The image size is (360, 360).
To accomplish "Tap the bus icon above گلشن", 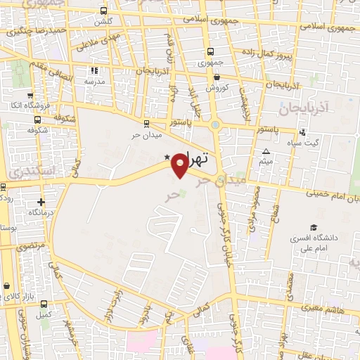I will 104,11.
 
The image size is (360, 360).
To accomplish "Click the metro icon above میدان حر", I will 146,122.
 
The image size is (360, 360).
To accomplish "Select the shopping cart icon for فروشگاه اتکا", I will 30,96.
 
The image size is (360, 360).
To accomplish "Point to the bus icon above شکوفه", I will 32,120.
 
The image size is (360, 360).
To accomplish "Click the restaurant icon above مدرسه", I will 94,70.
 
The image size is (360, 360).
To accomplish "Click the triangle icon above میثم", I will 266,152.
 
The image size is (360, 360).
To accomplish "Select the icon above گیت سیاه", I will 302,132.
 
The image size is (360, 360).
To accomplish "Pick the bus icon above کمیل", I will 45,304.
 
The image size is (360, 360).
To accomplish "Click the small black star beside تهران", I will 167,157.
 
